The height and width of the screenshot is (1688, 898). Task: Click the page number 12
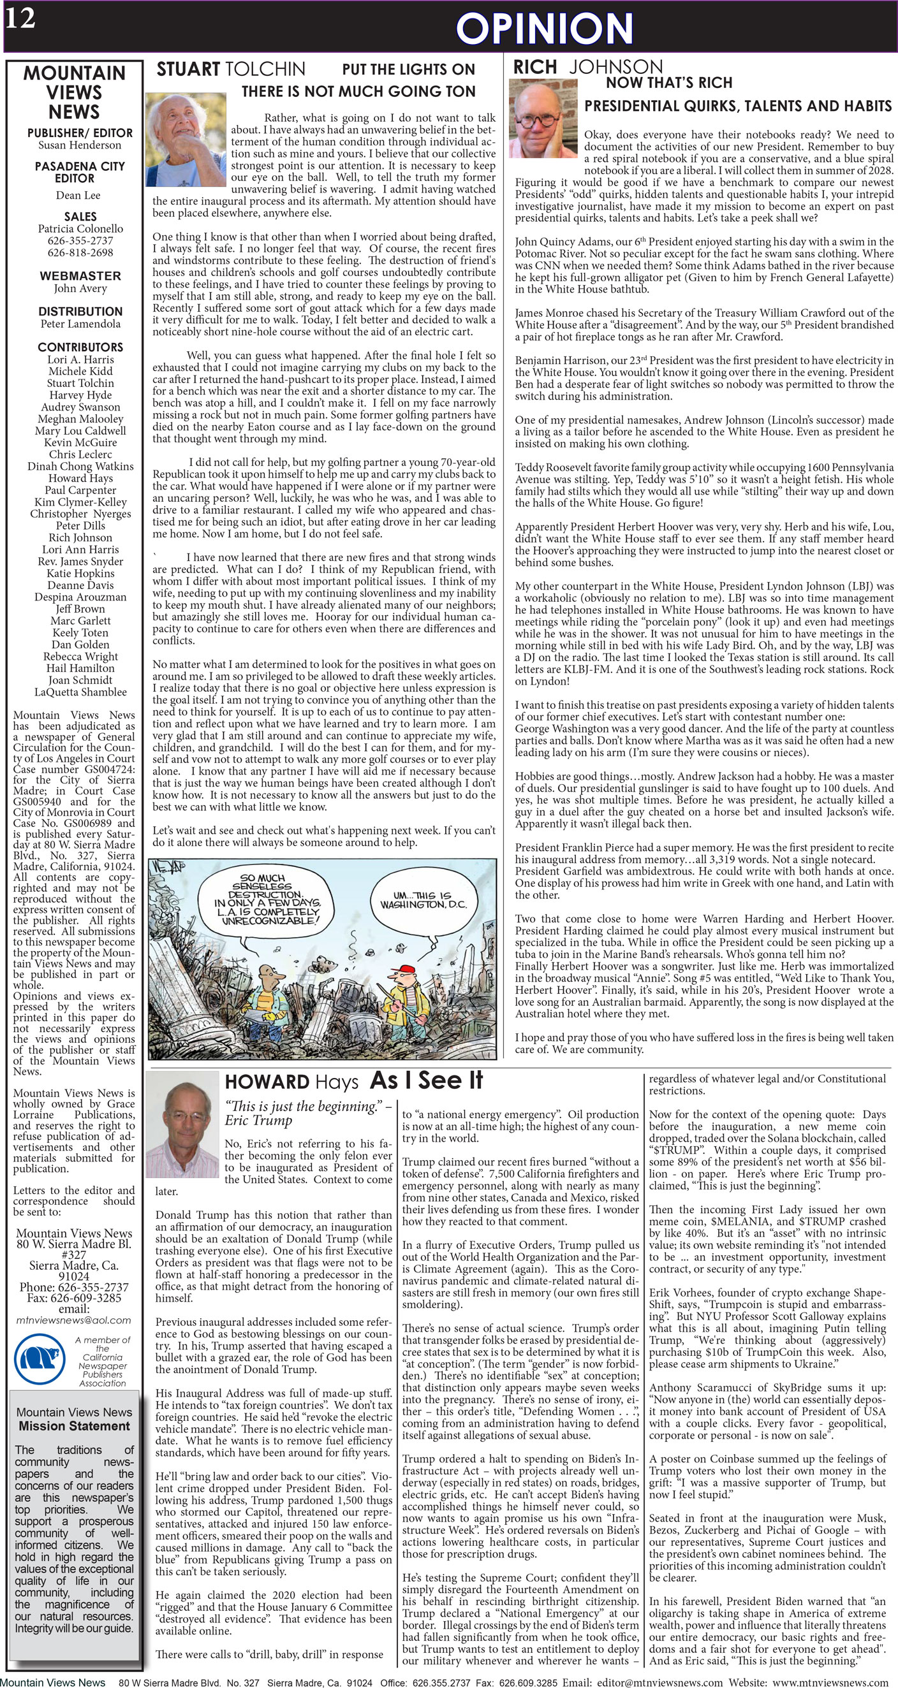coord(20,18)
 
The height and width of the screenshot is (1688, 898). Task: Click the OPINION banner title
coord(544,29)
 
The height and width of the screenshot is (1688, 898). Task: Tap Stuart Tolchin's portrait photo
coord(186,140)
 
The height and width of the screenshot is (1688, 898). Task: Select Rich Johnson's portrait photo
coord(543,119)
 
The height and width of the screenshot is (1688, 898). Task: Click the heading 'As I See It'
coord(426,1080)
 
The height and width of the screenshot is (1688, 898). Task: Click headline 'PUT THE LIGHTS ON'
coord(408,69)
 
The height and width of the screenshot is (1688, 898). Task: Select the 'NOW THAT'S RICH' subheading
coord(668,83)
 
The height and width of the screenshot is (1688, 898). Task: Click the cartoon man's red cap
coord(408,970)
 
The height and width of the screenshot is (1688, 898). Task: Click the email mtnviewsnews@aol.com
coord(73,1320)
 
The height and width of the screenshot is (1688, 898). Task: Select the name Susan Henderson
coord(79,145)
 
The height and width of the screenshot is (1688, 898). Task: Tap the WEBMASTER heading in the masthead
coord(80,276)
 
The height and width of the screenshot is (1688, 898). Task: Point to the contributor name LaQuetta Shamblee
coord(80,692)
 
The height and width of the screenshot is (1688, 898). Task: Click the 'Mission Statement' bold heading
coord(74,1426)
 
